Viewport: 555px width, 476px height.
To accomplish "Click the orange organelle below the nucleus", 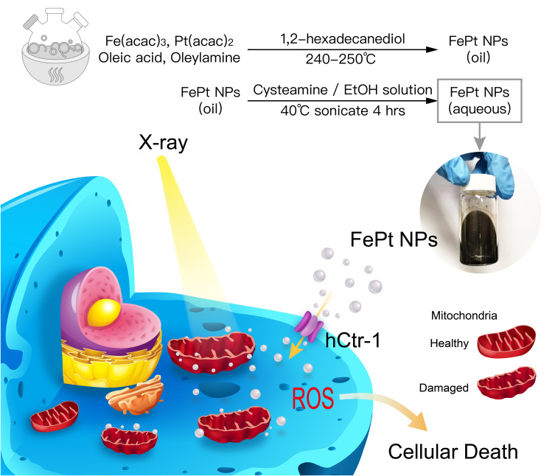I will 133,393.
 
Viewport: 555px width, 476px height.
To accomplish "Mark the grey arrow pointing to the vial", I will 479,136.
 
